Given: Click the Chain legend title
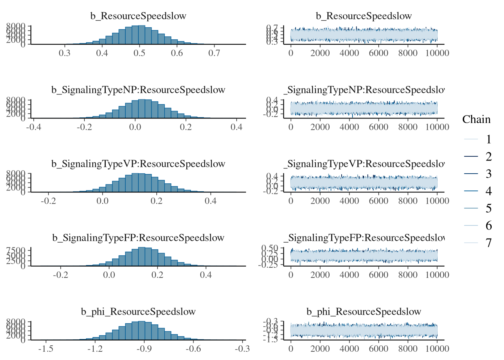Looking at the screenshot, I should (x=476, y=119).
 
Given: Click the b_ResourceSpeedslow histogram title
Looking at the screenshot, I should (x=138, y=16).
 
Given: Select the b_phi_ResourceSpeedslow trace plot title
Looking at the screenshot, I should (x=364, y=312).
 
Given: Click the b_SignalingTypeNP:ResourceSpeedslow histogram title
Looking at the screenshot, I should (x=138, y=90).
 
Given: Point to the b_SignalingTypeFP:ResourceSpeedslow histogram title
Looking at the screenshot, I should (x=138, y=238).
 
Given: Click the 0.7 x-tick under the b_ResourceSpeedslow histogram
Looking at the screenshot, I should (x=214, y=53).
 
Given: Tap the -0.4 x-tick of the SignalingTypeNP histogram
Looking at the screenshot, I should (x=34, y=127).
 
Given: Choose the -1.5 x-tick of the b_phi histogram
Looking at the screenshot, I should (x=45, y=349).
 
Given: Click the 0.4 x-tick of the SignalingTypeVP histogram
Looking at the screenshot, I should (x=210, y=201).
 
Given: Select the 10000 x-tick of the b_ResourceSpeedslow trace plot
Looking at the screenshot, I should (x=437, y=53).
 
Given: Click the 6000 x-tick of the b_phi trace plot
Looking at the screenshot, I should (x=378, y=349).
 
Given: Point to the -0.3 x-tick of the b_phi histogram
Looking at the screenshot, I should (x=242, y=349).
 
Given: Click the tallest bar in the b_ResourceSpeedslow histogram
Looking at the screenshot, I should (x=141, y=35).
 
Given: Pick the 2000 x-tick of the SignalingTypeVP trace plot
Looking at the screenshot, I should (x=320, y=201).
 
